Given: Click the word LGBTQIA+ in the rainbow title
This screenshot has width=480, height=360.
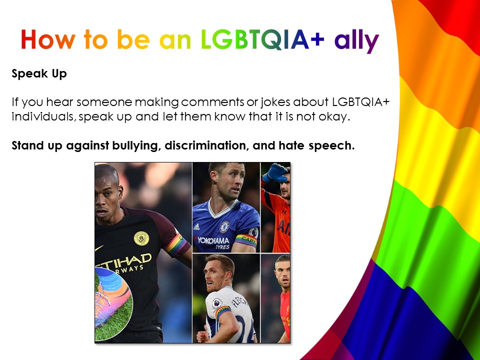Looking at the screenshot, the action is tap(262, 40).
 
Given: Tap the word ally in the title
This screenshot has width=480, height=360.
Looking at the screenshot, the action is tap(356, 40).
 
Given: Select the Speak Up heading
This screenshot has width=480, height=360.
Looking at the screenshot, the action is tap(39, 74).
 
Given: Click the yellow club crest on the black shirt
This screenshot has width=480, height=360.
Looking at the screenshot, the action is tap(141, 238).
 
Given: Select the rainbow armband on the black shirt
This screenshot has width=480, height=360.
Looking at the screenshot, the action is tap(175, 244).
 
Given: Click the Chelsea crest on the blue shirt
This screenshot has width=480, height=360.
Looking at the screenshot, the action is tap(224, 227).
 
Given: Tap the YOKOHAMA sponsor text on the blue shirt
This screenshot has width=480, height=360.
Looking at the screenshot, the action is tap(213, 240).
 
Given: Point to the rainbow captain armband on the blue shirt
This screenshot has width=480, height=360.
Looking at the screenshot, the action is tap(246, 240).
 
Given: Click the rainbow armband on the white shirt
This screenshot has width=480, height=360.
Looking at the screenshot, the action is tap(223, 311).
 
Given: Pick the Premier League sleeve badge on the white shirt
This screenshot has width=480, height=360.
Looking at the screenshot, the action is tap(217, 303).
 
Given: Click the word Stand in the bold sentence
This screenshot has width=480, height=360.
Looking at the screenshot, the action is tap(27, 145).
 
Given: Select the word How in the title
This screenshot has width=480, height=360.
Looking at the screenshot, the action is tap(48, 40).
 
